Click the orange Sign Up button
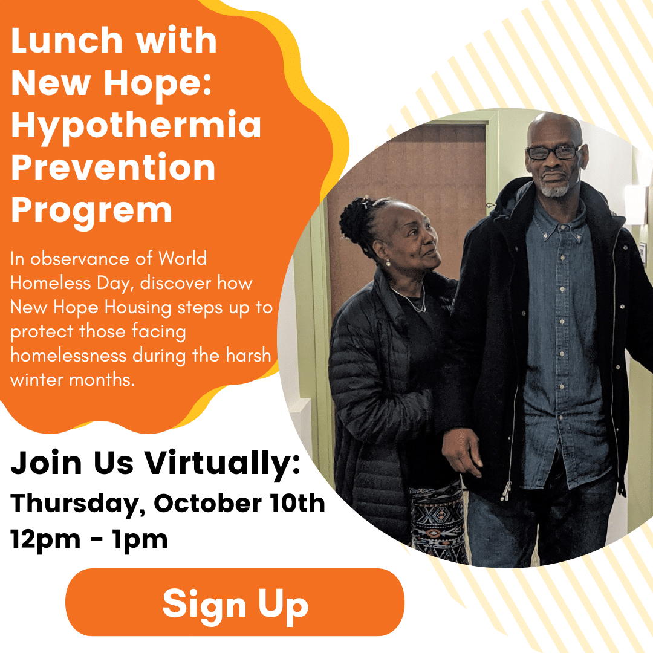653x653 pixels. (x=235, y=602)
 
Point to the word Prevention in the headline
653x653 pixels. (x=113, y=167)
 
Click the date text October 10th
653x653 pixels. (x=239, y=503)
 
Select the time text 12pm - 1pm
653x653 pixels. (x=89, y=540)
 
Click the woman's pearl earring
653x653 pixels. (x=388, y=263)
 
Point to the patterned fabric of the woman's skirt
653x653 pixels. (x=437, y=521)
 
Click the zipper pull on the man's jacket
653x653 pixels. (x=506, y=492)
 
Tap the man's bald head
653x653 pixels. (x=554, y=127)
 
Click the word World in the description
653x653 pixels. (x=183, y=258)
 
